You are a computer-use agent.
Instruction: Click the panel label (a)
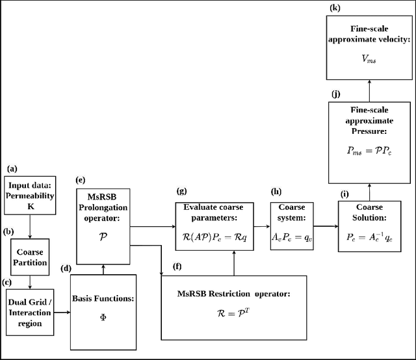tap(11, 168)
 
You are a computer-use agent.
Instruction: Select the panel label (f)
tap(177, 266)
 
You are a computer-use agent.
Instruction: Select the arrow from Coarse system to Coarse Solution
tap(326, 226)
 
